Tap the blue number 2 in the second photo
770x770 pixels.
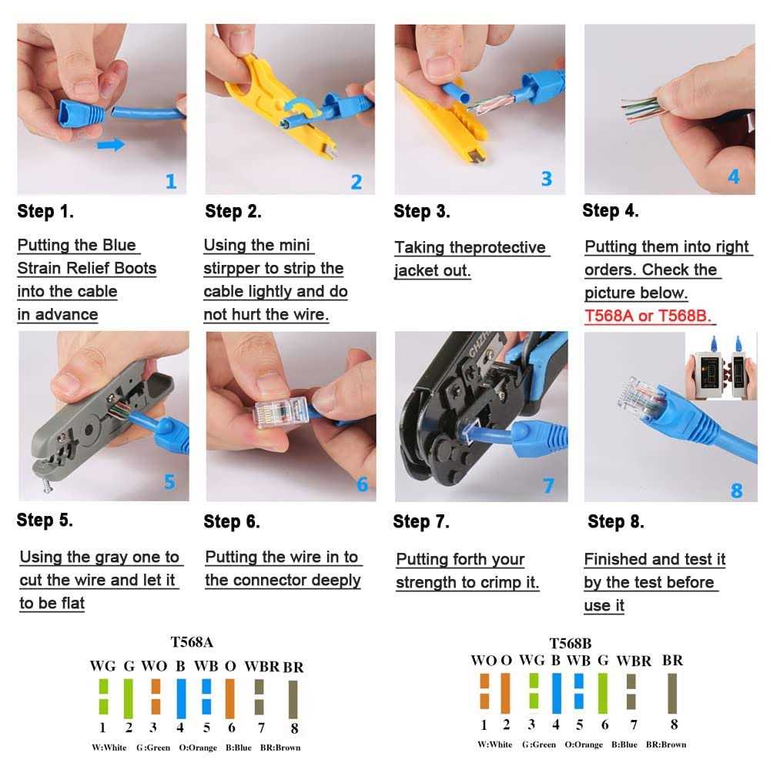(356, 182)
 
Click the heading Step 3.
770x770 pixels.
(421, 211)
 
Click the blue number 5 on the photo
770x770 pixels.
(169, 482)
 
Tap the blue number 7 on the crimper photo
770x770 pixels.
(547, 485)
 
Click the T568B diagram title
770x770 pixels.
(571, 643)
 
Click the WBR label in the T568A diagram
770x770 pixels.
(260, 666)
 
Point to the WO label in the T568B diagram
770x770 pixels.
(484, 660)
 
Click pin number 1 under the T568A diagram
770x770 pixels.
(102, 726)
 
